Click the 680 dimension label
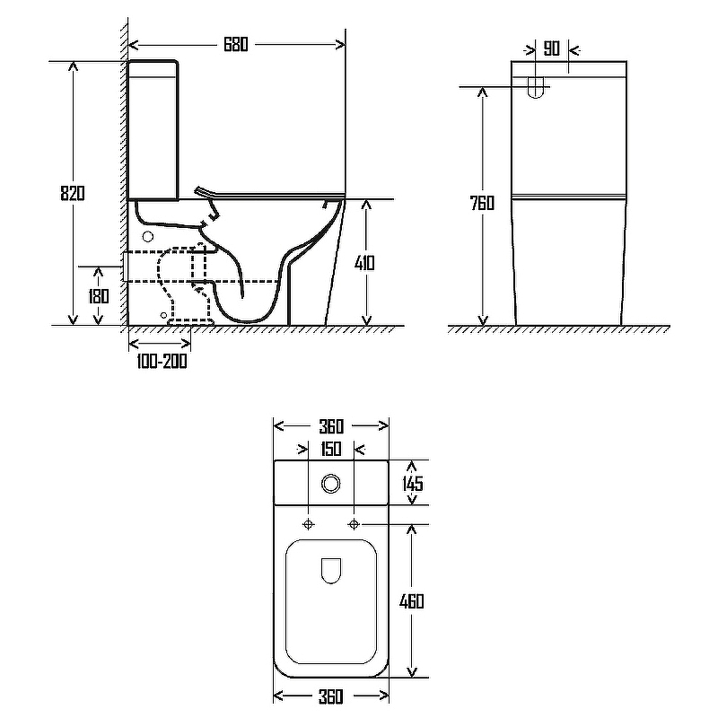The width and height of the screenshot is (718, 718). (236, 44)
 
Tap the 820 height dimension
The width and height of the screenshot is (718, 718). (73, 193)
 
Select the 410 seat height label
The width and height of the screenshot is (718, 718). (364, 263)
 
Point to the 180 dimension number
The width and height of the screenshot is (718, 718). (99, 296)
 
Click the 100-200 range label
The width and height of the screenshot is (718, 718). (162, 362)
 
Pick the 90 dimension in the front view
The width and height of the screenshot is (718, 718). (552, 48)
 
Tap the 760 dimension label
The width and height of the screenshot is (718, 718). (482, 203)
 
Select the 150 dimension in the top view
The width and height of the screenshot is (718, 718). (330, 450)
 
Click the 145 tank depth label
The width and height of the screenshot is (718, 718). (413, 484)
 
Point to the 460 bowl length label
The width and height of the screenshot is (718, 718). (412, 601)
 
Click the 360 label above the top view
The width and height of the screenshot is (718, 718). (331, 427)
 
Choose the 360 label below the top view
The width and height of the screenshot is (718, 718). (330, 697)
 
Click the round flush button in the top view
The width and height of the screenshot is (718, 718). (330, 484)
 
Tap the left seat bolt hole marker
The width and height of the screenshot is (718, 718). (309, 524)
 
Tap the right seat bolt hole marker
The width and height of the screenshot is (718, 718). (354, 524)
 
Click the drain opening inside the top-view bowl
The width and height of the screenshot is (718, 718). (331, 571)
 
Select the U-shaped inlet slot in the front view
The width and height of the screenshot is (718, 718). (535, 87)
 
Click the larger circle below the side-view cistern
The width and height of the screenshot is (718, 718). (148, 237)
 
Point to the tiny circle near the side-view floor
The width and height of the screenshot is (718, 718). (164, 315)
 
